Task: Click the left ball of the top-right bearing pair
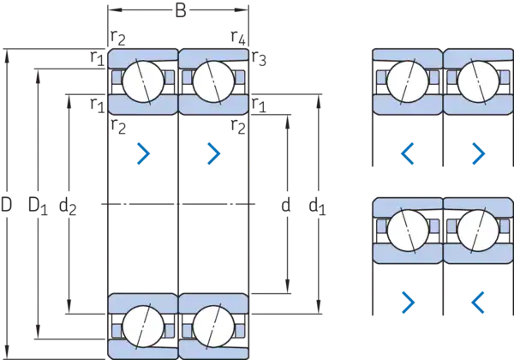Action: (407, 82)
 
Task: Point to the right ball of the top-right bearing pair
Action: (477, 82)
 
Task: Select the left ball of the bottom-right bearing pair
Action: (407, 231)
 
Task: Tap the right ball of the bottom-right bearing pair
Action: (477, 231)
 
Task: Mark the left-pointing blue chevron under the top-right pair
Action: (408, 153)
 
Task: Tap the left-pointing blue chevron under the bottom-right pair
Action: (477, 300)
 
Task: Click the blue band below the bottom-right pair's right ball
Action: (477, 255)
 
